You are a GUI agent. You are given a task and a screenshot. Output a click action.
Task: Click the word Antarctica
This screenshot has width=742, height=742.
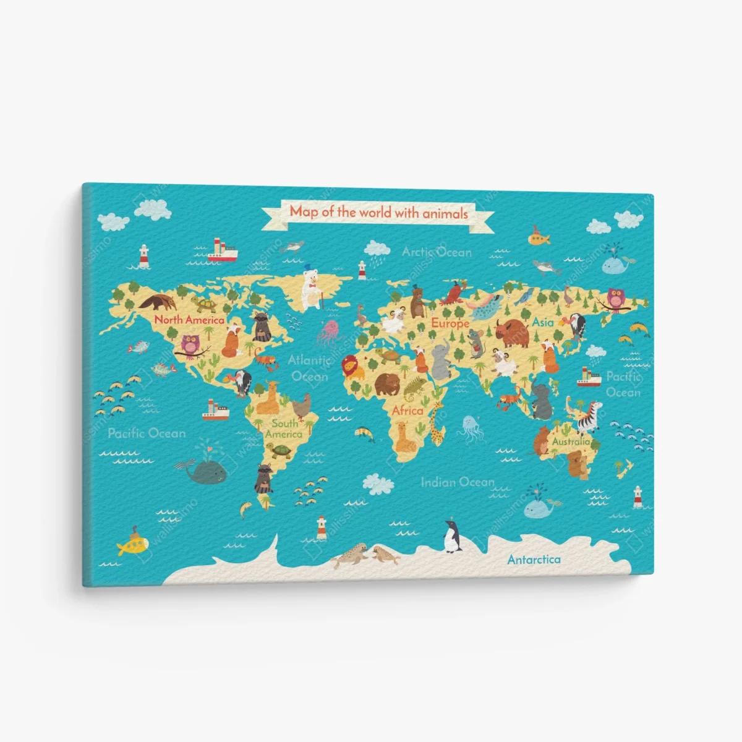[534, 560]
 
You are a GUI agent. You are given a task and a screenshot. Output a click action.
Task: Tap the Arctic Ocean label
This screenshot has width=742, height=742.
[437, 252]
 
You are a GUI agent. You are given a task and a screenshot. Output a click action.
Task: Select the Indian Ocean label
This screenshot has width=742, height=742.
[458, 482]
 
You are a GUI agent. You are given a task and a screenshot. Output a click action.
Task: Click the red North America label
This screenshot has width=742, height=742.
[189, 320]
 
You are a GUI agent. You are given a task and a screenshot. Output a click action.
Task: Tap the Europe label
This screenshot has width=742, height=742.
[450, 323]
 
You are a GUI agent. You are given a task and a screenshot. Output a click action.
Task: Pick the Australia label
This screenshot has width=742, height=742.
[571, 442]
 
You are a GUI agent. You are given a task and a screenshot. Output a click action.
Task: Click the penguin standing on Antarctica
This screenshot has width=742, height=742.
[453, 535]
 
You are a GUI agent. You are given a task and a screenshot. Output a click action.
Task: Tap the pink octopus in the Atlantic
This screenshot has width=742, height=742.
[329, 332]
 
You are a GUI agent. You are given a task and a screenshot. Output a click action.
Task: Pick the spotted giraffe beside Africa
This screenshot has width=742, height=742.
[437, 422]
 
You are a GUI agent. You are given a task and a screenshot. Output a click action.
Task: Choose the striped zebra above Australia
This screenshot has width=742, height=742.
[589, 415]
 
